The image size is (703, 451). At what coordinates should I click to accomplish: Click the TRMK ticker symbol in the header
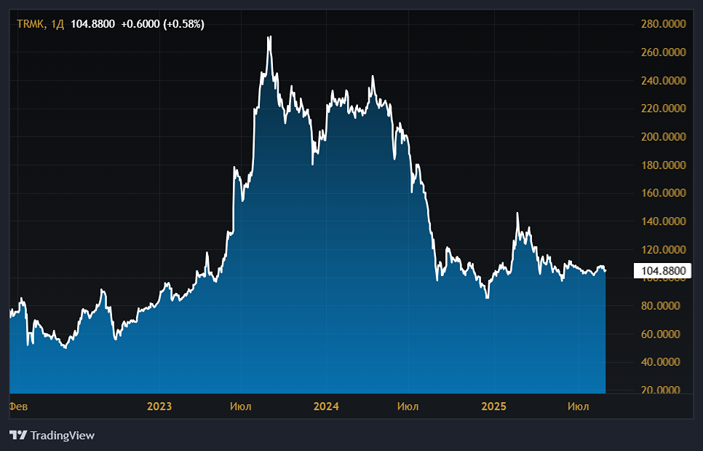coord(31,24)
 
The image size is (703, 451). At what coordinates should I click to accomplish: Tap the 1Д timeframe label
coord(57,24)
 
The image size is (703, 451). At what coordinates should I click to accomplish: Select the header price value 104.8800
coord(93,24)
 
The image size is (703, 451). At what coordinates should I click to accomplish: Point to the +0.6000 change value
coord(140,24)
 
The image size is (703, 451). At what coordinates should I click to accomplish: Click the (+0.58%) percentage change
coord(184,24)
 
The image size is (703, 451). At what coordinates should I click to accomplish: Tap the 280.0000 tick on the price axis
coord(664,24)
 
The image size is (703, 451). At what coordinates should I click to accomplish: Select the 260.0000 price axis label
coord(664,52)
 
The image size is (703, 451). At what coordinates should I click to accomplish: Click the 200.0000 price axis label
coord(664,137)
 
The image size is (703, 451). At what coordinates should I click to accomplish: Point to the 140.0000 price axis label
coord(664,221)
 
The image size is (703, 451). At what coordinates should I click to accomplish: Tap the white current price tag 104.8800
coord(664,270)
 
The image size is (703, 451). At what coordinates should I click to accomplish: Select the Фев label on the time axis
coord(18,407)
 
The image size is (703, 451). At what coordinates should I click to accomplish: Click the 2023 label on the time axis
coord(159,407)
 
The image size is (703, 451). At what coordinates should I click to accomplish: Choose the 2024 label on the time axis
coord(326,407)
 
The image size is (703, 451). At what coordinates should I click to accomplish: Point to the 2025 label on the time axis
coord(493,407)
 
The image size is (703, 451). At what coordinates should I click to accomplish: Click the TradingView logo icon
coord(18,435)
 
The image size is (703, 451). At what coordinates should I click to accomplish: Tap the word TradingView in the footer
coord(63,435)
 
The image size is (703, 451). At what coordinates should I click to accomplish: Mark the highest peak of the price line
coord(269,37)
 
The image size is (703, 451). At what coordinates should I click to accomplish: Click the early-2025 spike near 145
coord(517,213)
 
